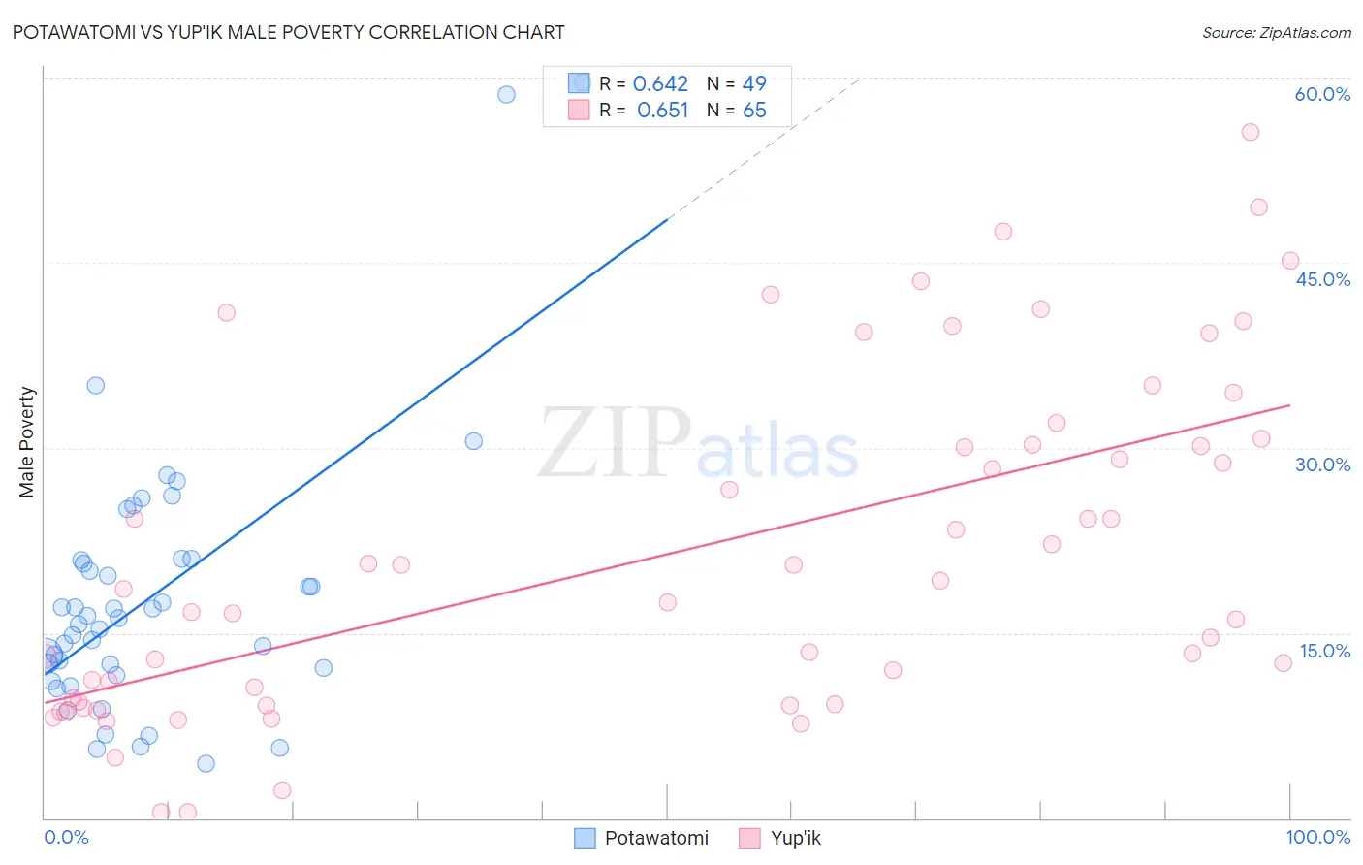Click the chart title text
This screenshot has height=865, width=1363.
point(288,32)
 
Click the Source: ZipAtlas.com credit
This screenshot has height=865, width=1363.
point(1276,33)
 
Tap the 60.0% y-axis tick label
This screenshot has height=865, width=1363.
point(1322,94)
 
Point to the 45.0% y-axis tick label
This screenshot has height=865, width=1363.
point(1322,279)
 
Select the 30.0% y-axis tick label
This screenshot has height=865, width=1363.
point(1322,465)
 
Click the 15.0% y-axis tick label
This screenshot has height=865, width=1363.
point(1324,651)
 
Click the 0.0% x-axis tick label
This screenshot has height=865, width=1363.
point(66,837)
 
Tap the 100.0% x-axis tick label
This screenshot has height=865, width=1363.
point(1317,837)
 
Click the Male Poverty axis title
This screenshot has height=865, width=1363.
point(27,442)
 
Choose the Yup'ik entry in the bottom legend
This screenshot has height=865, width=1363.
point(795,838)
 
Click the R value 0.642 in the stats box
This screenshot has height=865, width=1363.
point(660,84)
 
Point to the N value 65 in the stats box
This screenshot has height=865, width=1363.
point(754,111)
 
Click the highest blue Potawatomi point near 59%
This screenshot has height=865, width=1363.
point(506,94)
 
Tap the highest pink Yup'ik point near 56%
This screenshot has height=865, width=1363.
point(1251,132)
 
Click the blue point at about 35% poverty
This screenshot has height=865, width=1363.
point(95,385)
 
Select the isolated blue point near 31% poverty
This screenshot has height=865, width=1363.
point(473,441)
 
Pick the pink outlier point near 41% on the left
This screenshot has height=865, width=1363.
point(226,312)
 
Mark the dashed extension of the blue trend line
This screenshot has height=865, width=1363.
point(766,146)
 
